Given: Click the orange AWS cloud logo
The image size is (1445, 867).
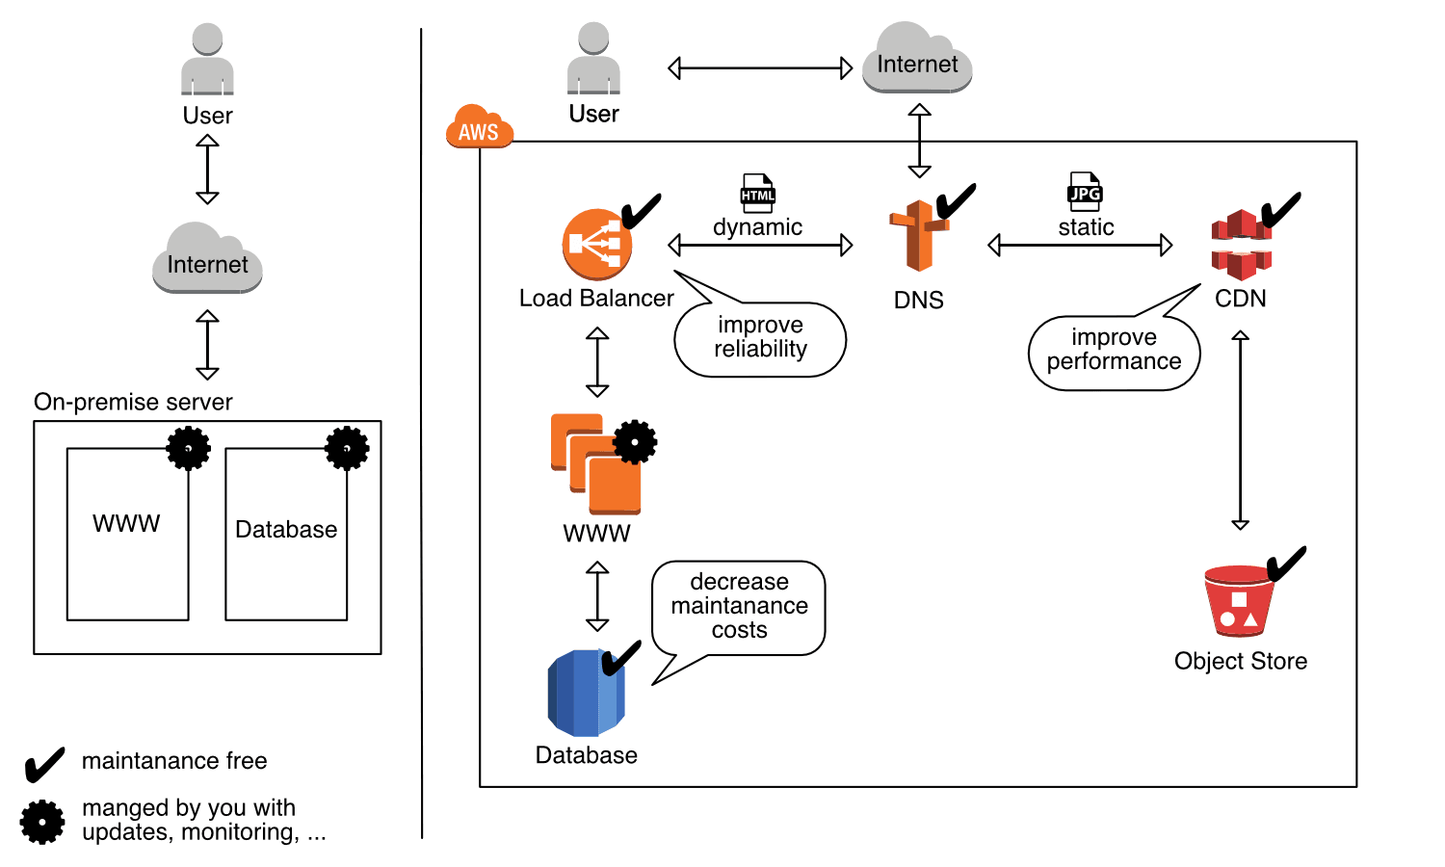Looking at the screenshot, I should [479, 128].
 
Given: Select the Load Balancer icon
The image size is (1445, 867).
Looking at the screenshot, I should [597, 244].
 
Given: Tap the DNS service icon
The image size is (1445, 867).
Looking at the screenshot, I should [918, 236].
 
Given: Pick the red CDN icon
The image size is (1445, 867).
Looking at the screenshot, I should [1241, 245].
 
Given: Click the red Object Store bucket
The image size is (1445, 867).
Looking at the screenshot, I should [1239, 601].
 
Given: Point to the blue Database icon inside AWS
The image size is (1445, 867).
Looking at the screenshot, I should [586, 693].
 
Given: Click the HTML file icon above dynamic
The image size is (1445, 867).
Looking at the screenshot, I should [757, 194].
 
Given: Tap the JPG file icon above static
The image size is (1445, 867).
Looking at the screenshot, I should [1085, 192].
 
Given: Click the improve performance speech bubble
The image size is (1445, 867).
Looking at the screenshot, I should [1114, 352].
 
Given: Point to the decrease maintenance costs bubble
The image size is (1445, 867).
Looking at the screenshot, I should [739, 607].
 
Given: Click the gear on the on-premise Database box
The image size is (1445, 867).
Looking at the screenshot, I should [347, 448].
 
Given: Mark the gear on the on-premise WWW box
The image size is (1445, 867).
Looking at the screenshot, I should [189, 448].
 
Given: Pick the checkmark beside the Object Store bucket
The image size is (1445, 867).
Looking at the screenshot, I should [1286, 564].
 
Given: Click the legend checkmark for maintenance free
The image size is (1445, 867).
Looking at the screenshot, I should [44, 765].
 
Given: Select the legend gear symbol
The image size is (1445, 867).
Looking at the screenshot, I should [42, 822].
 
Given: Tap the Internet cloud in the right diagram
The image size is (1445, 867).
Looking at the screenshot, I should [917, 60].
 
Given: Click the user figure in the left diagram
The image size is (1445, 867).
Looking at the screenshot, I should [207, 60].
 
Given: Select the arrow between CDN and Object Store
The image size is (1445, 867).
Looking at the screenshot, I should [1241, 431].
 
